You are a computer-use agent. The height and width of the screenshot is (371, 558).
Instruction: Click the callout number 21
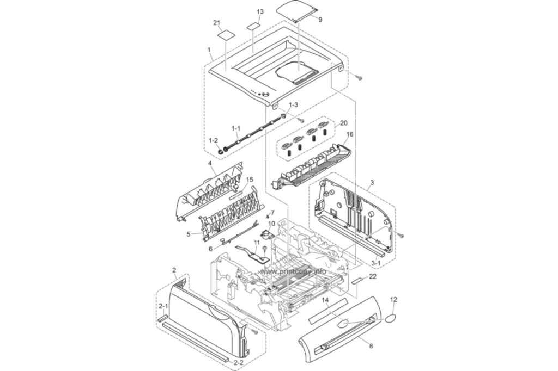pyautogui.click(x=217, y=23)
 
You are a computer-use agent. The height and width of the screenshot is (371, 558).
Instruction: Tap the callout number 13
pyautogui.click(x=260, y=12)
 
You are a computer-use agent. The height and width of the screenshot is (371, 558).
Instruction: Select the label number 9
pyautogui.click(x=320, y=20)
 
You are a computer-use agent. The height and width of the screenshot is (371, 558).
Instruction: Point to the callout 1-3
pyautogui.click(x=293, y=105)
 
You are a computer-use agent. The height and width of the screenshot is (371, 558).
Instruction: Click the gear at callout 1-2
pyautogui.click(x=221, y=152)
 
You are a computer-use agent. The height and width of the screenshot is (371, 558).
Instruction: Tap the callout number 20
pyautogui.click(x=344, y=123)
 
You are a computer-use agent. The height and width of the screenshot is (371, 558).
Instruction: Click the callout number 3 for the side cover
pyautogui.click(x=372, y=183)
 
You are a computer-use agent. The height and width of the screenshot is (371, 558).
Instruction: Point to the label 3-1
pyautogui.click(x=376, y=263)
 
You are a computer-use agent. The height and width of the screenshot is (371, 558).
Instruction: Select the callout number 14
pyautogui.click(x=325, y=300)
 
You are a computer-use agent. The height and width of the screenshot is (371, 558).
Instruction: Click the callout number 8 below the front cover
pyautogui.click(x=371, y=346)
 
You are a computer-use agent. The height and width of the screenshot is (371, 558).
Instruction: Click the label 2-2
pyautogui.click(x=239, y=363)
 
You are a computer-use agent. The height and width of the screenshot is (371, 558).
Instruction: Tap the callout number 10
pyautogui.click(x=271, y=224)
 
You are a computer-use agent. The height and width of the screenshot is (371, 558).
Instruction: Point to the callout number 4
pyautogui.click(x=210, y=163)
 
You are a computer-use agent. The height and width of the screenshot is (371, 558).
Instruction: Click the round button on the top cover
pyautogui.click(x=265, y=96)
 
